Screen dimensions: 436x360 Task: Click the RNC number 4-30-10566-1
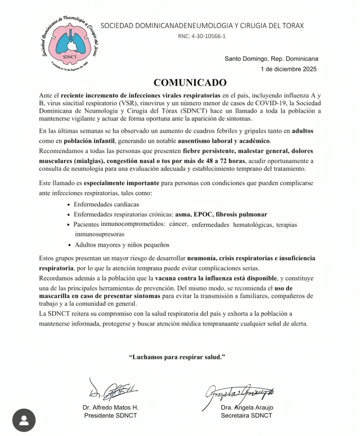pyautogui.click(x=202, y=37)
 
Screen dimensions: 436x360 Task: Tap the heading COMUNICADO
pyautogui.click(x=190, y=83)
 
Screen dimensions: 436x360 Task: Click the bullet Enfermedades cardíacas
pyautogui.click(x=107, y=203)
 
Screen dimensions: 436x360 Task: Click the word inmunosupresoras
pyautogui.click(x=100, y=233)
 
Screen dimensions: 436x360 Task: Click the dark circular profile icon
pyautogui.click(x=24, y=420)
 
